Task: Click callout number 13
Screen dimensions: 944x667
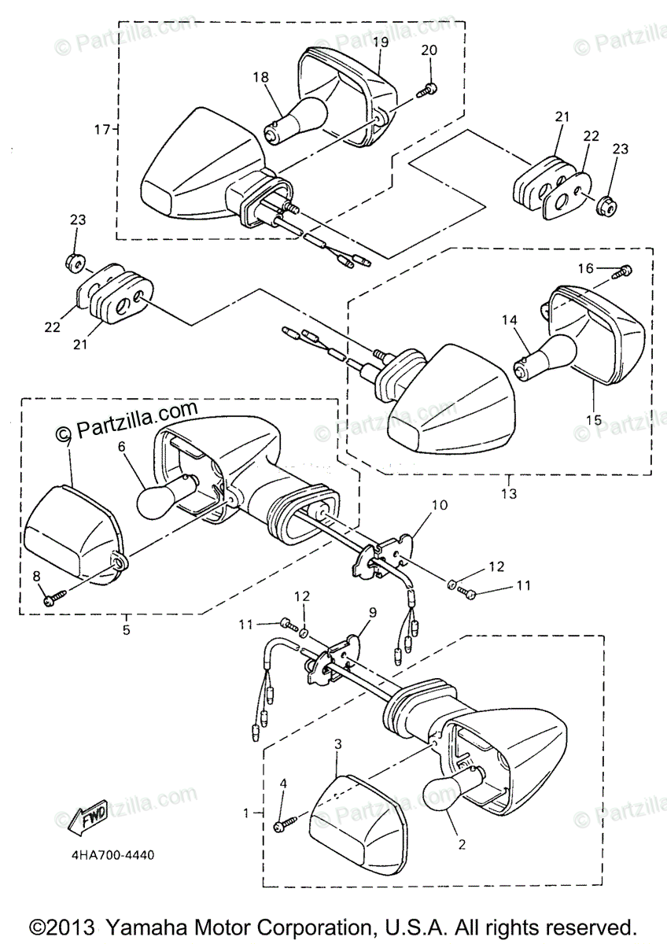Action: point(508,493)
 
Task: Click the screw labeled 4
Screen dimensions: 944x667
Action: point(283,824)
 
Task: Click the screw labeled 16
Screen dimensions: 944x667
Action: point(625,271)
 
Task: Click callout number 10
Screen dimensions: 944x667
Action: point(439,504)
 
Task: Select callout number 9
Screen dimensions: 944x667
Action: point(372,612)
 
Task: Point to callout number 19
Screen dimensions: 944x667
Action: point(380,42)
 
